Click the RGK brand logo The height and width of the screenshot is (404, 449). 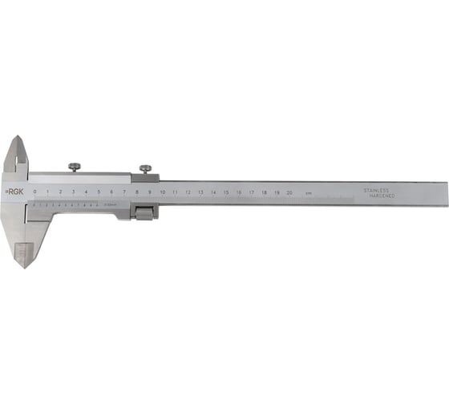[x=14, y=192]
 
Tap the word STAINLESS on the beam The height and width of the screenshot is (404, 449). [x=376, y=190]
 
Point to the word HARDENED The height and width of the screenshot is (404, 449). [x=377, y=196]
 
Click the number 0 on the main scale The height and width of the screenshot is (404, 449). [x=34, y=192]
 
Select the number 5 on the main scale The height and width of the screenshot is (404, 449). [x=99, y=192]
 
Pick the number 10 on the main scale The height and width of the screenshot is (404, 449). [x=162, y=192]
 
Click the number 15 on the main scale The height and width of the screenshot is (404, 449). [x=226, y=192]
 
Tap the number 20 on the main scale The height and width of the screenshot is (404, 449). [x=289, y=192]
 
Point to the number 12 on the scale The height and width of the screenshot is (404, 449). [x=188, y=192]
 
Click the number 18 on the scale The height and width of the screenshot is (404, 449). [x=264, y=192]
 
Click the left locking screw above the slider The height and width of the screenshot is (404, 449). [x=74, y=167]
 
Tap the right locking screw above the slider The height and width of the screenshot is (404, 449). [x=146, y=168]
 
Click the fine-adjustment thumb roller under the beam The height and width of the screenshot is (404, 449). [x=144, y=213]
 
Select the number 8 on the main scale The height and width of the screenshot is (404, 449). [x=137, y=192]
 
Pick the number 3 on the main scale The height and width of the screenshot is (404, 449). [x=73, y=192]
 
